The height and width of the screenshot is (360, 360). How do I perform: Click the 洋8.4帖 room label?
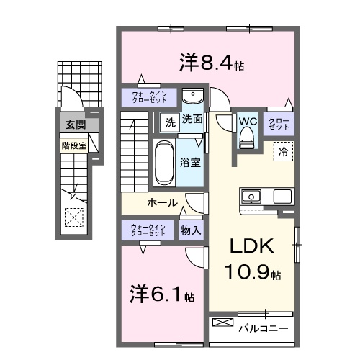pyautogui.click(x=211, y=63)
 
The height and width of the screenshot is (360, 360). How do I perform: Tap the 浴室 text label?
pyautogui.click(x=191, y=161)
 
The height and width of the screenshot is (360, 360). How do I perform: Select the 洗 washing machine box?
pyautogui.click(x=169, y=120)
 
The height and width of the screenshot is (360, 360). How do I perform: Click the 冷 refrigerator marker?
pyautogui.click(x=284, y=152)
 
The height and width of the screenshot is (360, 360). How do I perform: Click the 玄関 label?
pyautogui.click(x=74, y=125)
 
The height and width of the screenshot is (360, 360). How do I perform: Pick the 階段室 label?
pyautogui.click(x=73, y=143)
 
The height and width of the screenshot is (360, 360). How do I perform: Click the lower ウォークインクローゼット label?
pyautogui.click(x=148, y=230)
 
